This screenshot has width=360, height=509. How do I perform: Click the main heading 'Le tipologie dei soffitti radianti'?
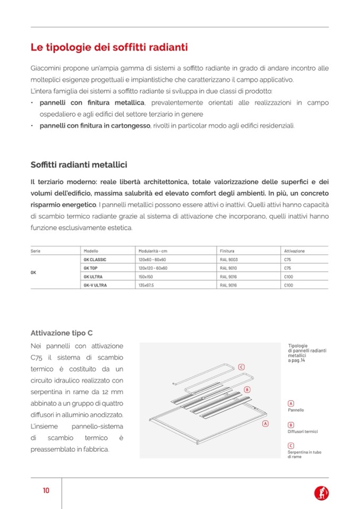[x=109, y=48]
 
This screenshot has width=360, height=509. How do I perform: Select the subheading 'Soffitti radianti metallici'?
[x=79, y=165]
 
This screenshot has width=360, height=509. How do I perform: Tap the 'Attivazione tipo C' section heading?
[x=62, y=333]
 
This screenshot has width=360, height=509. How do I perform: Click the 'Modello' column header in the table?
[x=91, y=251]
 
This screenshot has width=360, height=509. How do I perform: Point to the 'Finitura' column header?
[x=227, y=251]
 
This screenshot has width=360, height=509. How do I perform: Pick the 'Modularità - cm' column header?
[x=153, y=251]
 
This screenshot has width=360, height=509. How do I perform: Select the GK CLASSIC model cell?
[x=95, y=260]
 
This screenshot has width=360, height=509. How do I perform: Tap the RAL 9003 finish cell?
[x=228, y=260]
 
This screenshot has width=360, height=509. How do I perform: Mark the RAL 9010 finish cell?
[x=228, y=268]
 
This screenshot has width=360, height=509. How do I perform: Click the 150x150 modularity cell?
[x=145, y=277]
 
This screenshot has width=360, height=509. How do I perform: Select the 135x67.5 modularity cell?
[x=146, y=285]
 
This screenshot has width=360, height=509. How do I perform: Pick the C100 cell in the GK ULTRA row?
[x=288, y=277]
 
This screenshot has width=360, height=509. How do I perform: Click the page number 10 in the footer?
[x=46, y=490]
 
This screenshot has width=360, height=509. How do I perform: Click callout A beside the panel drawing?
[x=265, y=424]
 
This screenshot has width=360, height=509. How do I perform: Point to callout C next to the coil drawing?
[x=241, y=367]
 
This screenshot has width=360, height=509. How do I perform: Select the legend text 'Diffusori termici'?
[x=303, y=432]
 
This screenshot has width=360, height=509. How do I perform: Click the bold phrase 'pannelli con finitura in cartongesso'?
[x=95, y=126]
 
